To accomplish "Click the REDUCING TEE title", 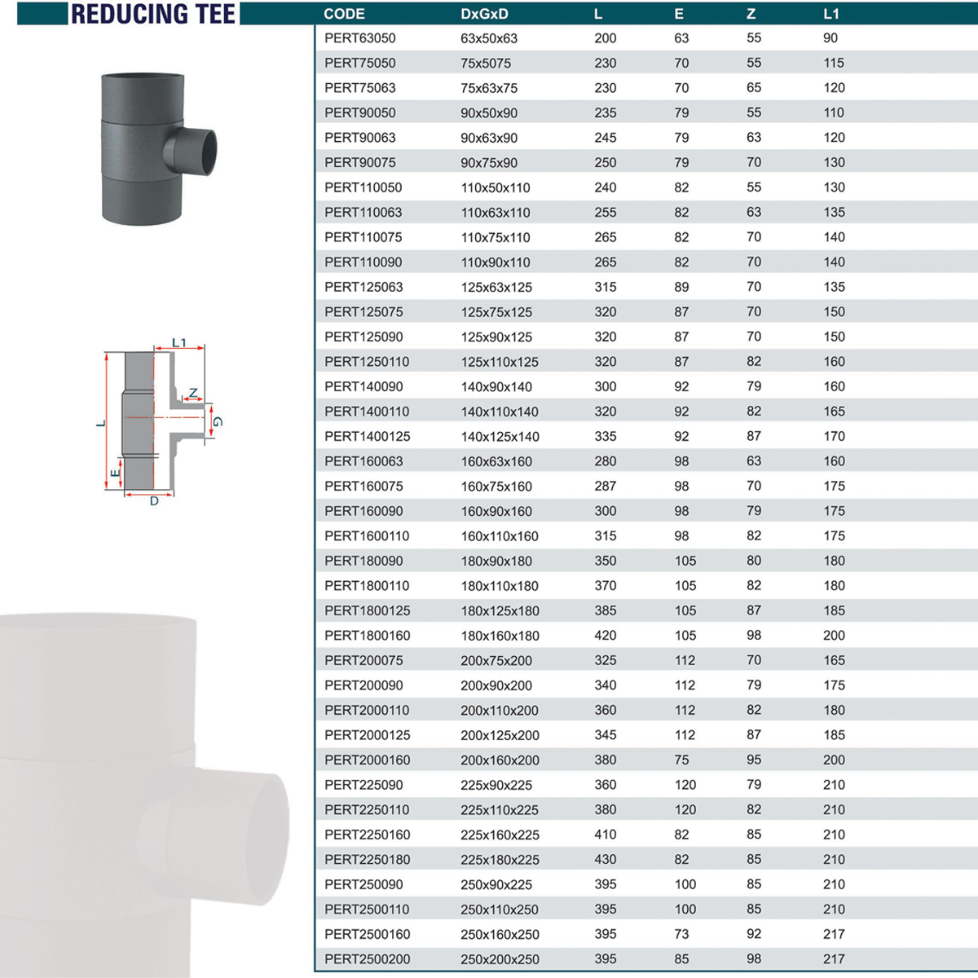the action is pyautogui.click(x=152, y=14).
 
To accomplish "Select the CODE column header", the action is pyautogui.click(x=344, y=14).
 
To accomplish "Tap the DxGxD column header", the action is pyautogui.click(x=484, y=14).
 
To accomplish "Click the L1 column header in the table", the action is pyautogui.click(x=830, y=14).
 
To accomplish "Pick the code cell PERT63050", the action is pyautogui.click(x=360, y=38).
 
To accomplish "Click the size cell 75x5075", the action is pyautogui.click(x=486, y=63).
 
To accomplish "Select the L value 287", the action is pyautogui.click(x=606, y=487).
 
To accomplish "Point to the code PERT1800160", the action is pyautogui.click(x=367, y=636).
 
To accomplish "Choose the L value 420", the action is pyautogui.click(x=606, y=636).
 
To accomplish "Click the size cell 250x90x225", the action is pyautogui.click(x=496, y=884).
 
